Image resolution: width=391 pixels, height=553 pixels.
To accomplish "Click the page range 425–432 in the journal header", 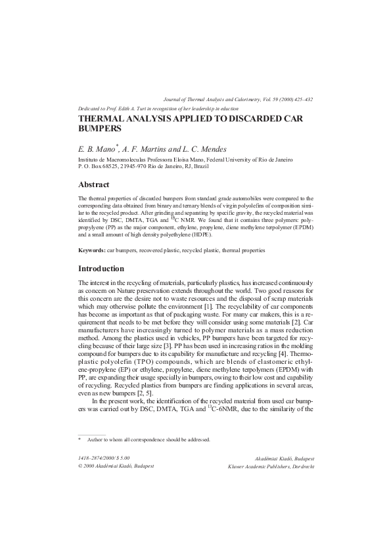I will [x=300, y=99].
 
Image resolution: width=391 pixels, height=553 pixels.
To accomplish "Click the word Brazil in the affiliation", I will [x=219, y=167].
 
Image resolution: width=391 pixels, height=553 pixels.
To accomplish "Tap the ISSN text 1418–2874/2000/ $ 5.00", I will [x=104, y=458].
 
